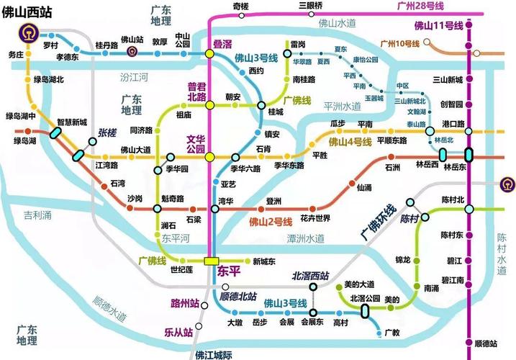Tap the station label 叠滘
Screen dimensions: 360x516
pyautogui.click(x=222, y=45)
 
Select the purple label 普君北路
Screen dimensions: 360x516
pyautogui.click(x=197, y=91)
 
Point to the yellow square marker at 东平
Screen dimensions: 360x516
pyautogui.click(x=212, y=261)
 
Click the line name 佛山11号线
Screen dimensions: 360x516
pyautogui.click(x=438, y=26)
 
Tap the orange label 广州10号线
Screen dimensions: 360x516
pyautogui.click(x=401, y=45)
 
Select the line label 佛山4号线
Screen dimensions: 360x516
pyautogui.click(x=349, y=143)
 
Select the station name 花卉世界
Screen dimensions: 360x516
pyautogui.click(x=314, y=218)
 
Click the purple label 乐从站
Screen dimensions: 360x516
pyautogui.click(x=178, y=332)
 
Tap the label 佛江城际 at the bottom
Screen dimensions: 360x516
pyautogui.click(x=214, y=354)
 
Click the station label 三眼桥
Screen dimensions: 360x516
pyautogui.click(x=311, y=6)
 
